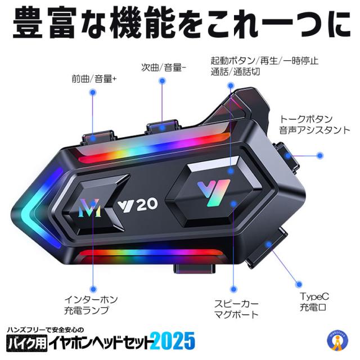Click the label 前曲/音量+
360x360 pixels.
94,79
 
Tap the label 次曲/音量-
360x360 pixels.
164,67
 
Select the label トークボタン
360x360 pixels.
306,119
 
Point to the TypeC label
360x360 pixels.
314,296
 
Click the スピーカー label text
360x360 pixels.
236,304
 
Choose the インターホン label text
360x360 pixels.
91,299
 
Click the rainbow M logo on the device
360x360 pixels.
89,208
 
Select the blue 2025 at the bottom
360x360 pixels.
174,341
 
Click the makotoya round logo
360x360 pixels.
337,341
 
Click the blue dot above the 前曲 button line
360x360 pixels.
93,92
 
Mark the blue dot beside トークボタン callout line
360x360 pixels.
320,156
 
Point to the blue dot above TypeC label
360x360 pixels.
299,285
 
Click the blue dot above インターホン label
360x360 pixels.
93,289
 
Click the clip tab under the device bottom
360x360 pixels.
195,269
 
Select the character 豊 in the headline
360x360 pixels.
28,22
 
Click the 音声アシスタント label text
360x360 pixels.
314,130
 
